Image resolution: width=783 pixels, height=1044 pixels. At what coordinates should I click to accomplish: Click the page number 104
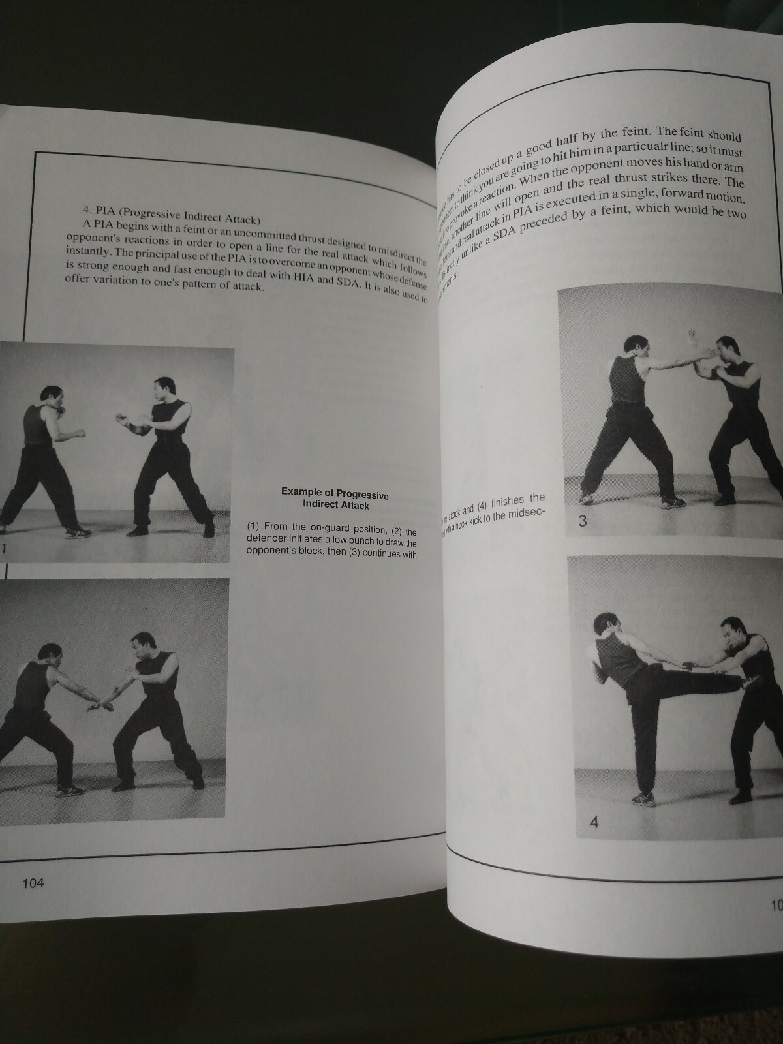(32, 883)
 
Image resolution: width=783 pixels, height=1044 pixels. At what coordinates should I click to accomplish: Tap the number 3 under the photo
(583, 521)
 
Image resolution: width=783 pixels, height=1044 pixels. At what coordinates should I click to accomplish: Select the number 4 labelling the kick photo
(593, 822)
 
